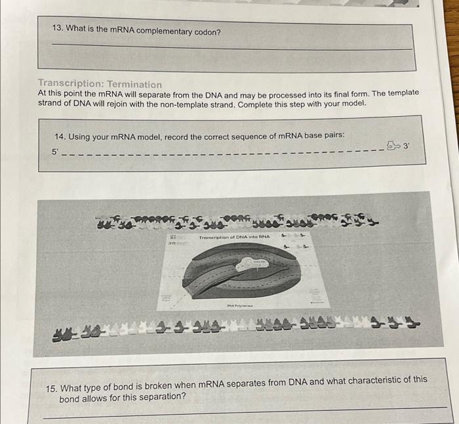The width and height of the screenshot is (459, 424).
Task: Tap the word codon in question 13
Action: (207, 32)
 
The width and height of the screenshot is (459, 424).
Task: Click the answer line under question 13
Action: (229, 47)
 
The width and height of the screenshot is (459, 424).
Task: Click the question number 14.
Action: (60, 137)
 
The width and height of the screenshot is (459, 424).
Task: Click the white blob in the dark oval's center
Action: (252, 263)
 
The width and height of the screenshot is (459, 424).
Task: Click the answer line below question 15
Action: (243, 412)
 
